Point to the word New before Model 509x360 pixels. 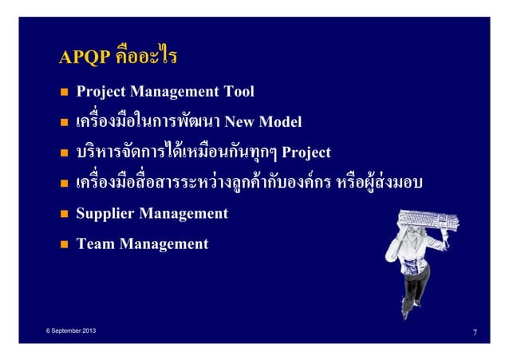[239, 122]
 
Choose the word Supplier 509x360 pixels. [106, 214]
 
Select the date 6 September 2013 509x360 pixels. [68, 329]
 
